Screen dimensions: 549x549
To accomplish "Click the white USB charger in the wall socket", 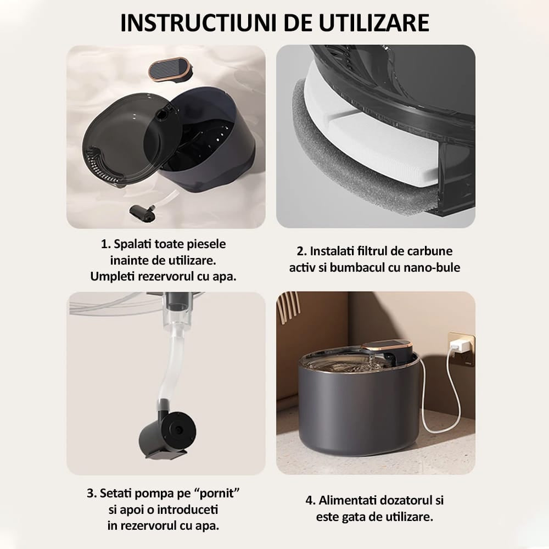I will point(458,346).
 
